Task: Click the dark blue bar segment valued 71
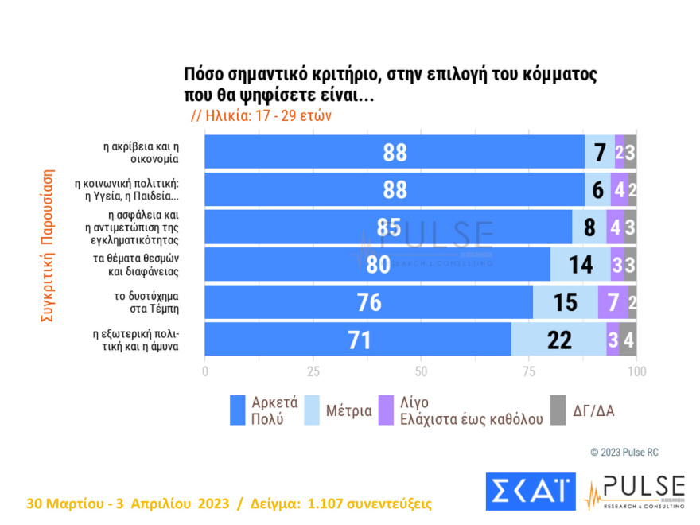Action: coord(358,340)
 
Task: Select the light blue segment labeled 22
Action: coord(559,340)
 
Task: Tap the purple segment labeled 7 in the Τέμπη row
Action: coord(612,302)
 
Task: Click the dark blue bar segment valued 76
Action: coord(369,302)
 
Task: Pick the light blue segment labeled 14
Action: coord(581,265)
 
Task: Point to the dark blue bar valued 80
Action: coord(378,265)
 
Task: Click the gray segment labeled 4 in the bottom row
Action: coord(628,340)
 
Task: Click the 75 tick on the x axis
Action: coord(529,371)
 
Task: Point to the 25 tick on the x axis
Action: coord(313,371)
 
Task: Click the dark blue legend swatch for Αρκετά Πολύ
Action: coord(237,410)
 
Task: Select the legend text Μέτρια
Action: coord(348,411)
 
